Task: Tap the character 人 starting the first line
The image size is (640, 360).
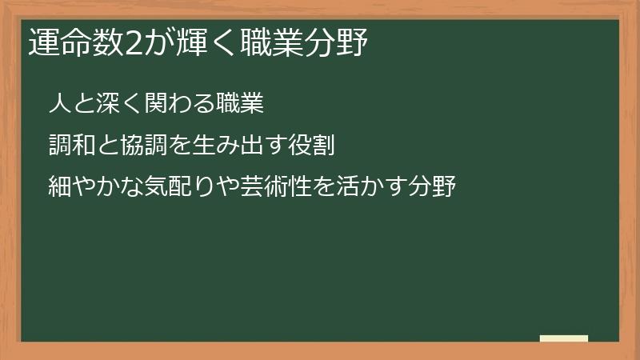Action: pos(58,103)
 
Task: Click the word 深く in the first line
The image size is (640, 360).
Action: pos(116,103)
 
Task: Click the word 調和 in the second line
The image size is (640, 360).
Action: pos(68,146)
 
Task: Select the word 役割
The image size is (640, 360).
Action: pos(312,146)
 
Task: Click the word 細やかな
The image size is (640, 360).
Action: pos(89,188)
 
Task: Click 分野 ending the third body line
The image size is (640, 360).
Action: pos(436,188)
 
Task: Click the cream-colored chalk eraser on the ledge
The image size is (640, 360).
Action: pos(564,338)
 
